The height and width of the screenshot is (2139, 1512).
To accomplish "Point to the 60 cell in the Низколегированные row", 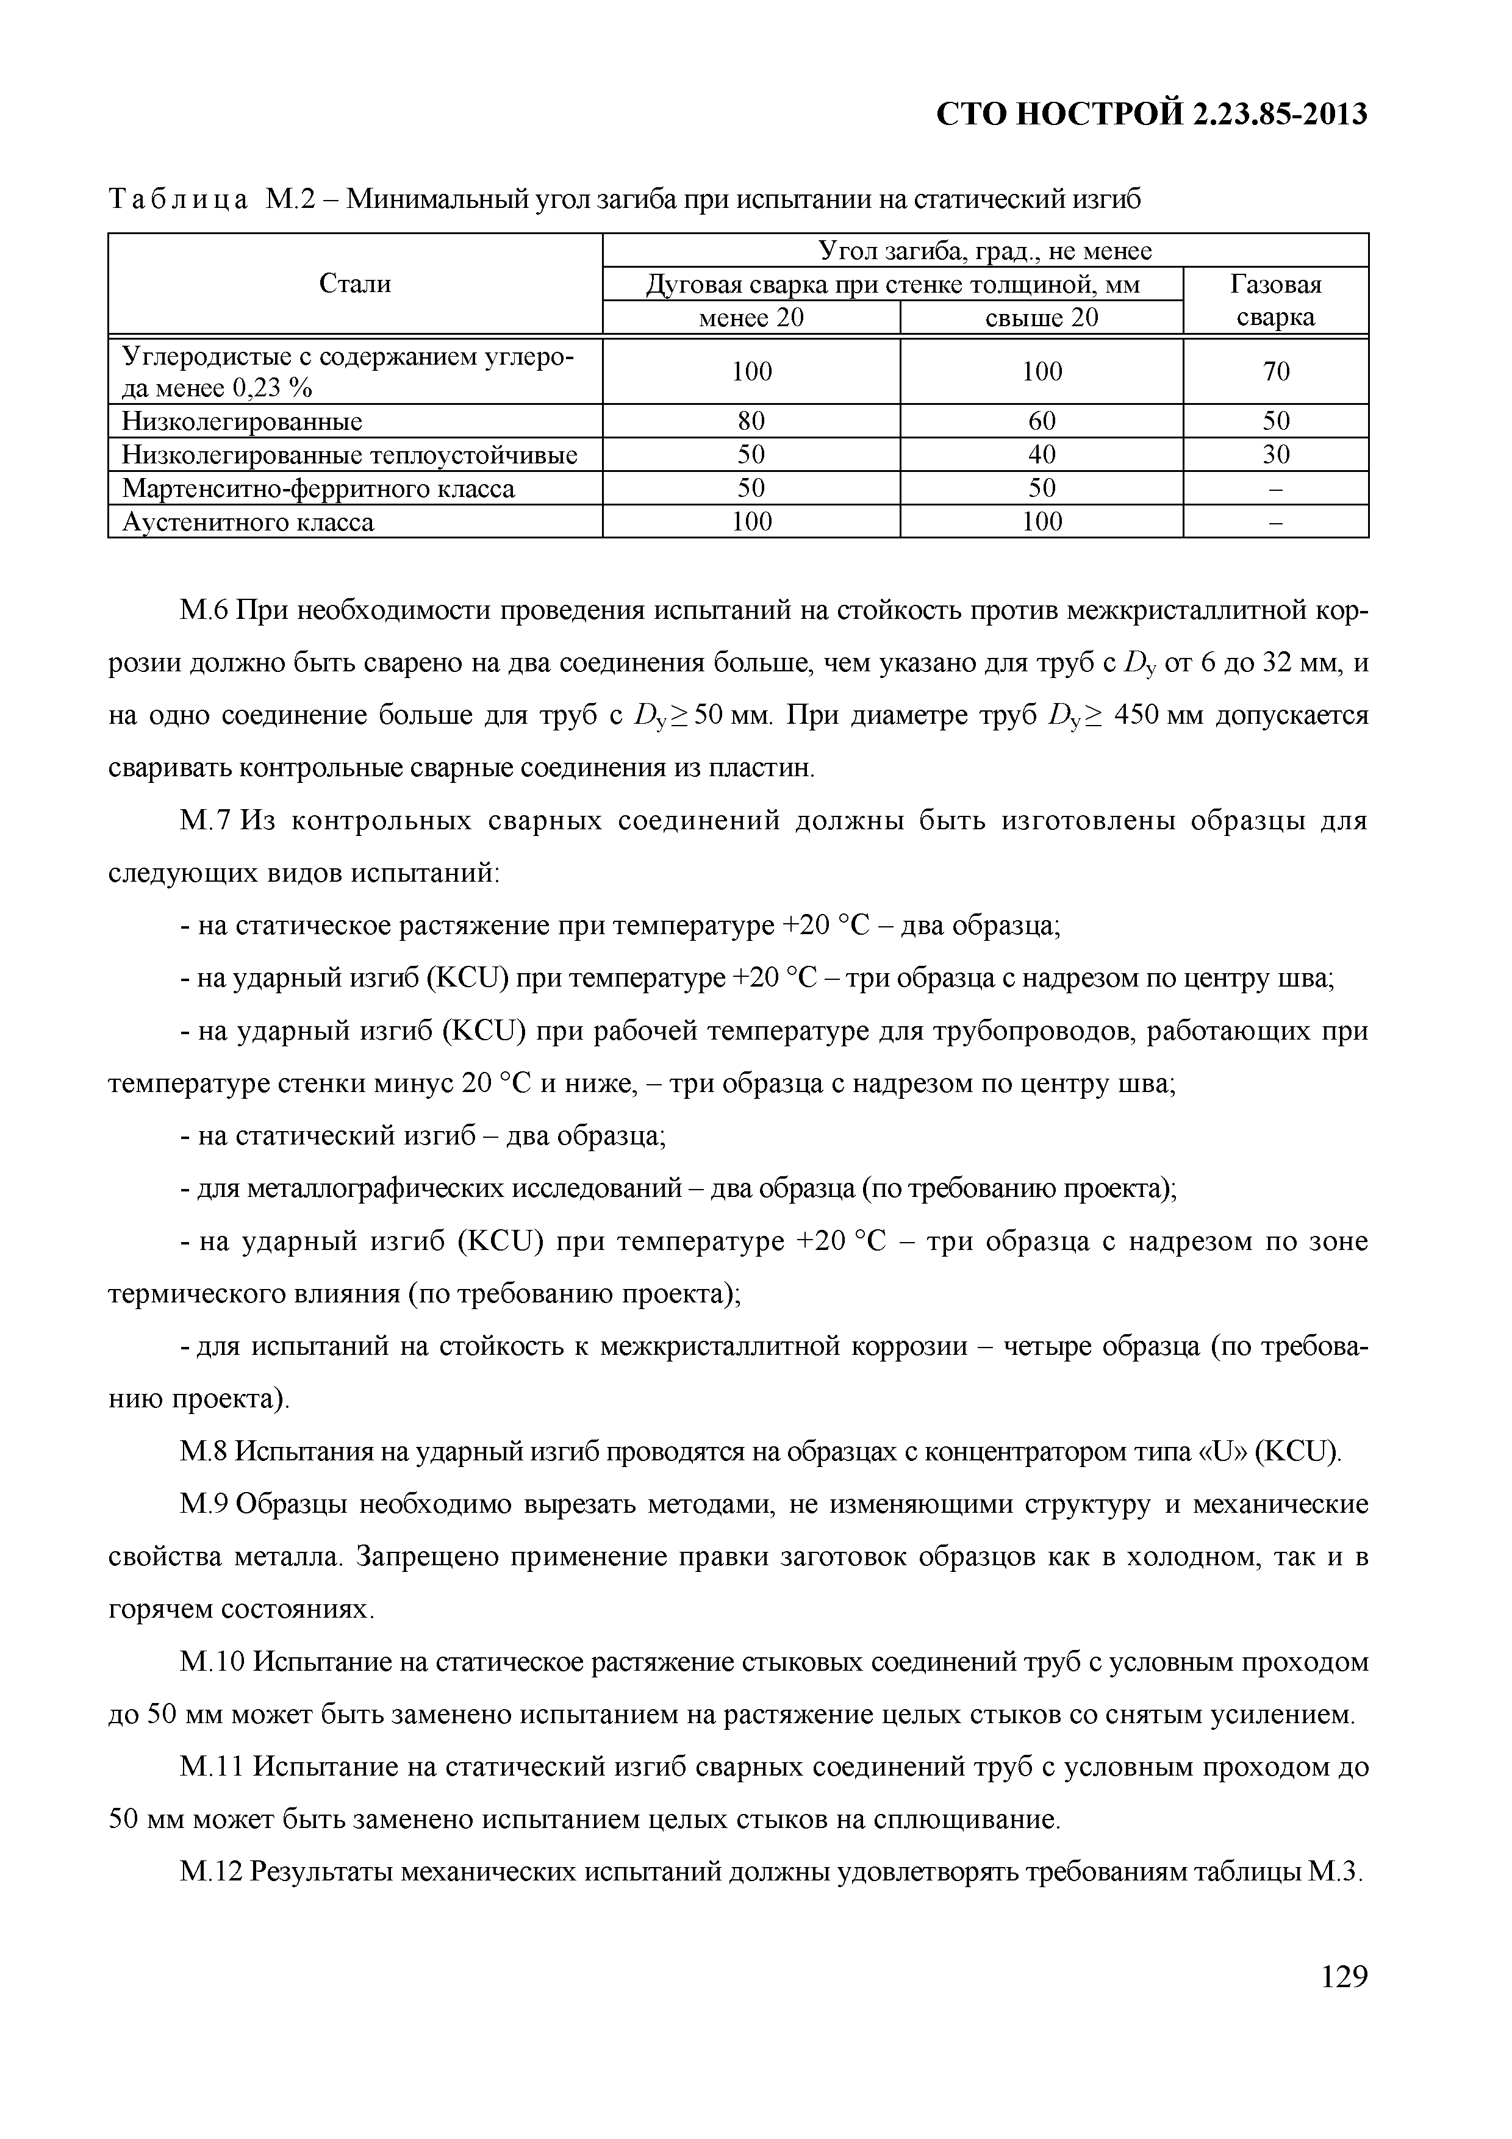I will [x=1042, y=422].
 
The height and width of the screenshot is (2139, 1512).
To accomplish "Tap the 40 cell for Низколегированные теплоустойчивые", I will [x=1042, y=455].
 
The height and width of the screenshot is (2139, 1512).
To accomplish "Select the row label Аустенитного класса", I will [x=248, y=523].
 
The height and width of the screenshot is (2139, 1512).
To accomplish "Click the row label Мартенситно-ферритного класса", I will [x=318, y=489].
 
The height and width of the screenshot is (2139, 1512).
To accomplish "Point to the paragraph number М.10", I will [x=212, y=1662].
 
